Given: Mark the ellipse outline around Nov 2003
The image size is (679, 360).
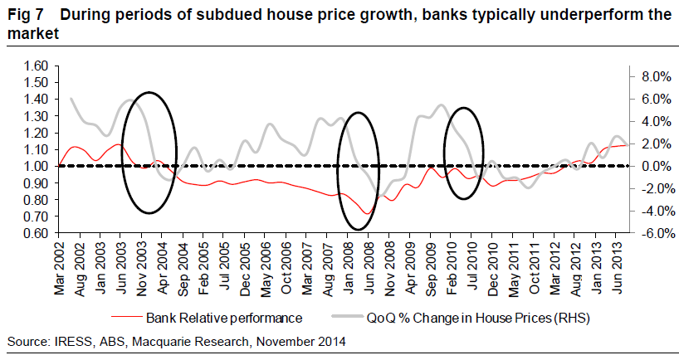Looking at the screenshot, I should tap(122, 153).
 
